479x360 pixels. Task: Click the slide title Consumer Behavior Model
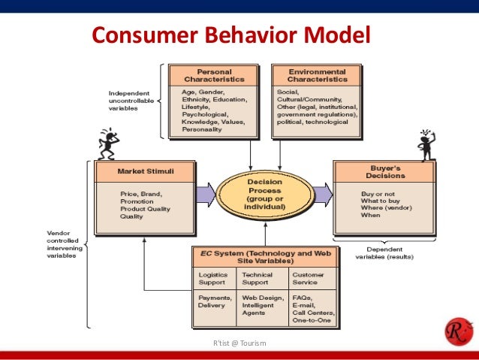230,36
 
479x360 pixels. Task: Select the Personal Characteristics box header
214,74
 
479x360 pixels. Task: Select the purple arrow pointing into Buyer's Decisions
323,195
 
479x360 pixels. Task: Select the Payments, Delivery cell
213,302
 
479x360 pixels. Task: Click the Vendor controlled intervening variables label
63,244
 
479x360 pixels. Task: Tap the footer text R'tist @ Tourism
239,343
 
